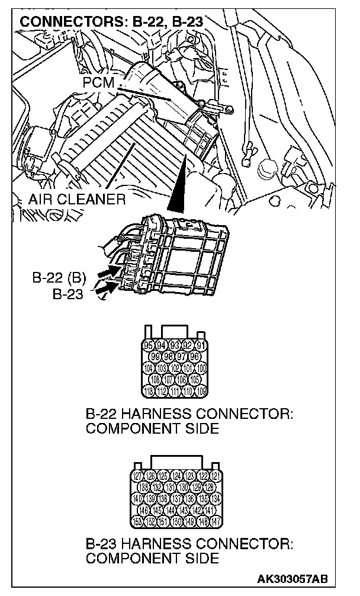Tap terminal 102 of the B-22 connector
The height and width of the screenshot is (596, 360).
point(175,368)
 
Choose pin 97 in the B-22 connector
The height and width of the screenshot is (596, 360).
point(182,357)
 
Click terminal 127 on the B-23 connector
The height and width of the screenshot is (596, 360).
point(137,476)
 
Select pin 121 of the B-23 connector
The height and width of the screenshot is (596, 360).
point(217,476)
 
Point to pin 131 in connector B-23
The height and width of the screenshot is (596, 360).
point(171,487)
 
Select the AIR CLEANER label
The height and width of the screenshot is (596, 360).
point(77,200)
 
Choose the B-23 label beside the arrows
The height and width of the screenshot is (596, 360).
point(67,294)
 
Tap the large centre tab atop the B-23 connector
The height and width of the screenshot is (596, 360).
point(177,462)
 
